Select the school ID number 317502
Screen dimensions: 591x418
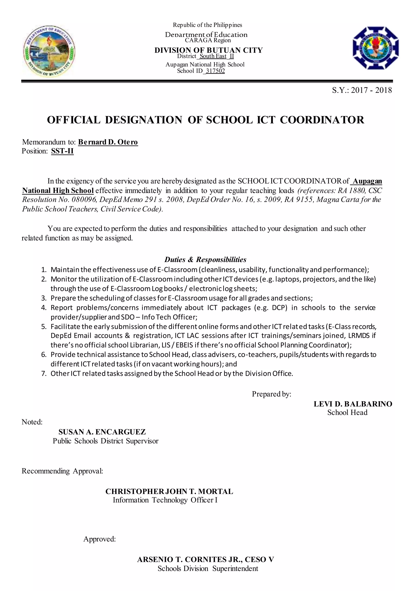215,71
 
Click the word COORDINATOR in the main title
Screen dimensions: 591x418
322,120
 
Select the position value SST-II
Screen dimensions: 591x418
62,151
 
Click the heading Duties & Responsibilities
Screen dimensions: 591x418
205,259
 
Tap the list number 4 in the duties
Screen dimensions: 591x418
44,308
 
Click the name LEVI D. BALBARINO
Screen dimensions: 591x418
353,404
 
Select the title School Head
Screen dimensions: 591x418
347,413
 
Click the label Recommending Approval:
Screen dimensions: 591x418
62,471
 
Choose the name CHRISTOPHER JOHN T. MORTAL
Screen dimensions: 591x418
169,491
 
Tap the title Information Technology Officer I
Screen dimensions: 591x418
165,500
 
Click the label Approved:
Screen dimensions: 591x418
99,539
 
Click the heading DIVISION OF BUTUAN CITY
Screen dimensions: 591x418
208,50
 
